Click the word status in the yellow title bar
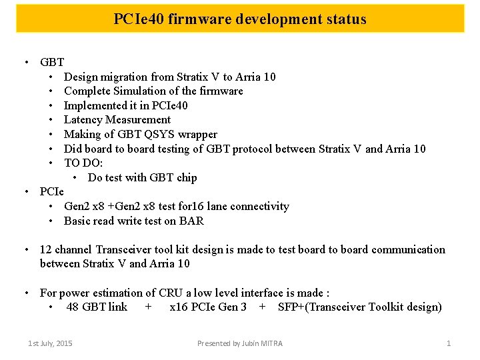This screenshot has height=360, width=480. (344, 19)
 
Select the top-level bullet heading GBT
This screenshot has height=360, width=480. (52, 63)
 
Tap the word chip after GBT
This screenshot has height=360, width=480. (187, 177)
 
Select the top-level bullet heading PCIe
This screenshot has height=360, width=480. (52, 192)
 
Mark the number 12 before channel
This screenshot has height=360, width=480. (46, 250)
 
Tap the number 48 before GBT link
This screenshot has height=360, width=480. (73, 307)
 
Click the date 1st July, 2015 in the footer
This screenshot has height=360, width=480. (50, 343)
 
